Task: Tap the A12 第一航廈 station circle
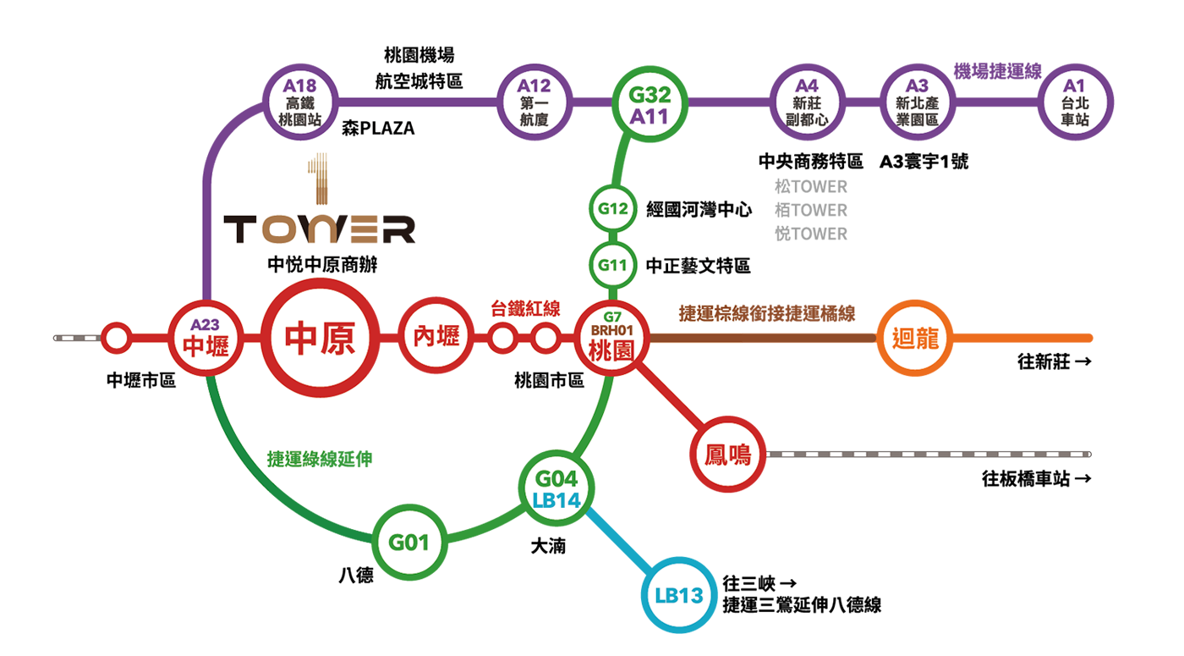[534, 102]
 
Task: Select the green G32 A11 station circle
[650, 104]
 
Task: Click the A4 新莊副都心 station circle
[807, 102]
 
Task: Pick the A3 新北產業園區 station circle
[917, 102]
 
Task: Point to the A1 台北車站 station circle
[1074, 102]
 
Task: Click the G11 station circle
[612, 265]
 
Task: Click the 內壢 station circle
[436, 337]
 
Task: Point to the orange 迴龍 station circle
[916, 339]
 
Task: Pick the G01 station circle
[409, 542]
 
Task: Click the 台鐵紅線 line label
[525, 309]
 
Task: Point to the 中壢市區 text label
[141, 381]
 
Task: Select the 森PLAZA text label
[379, 130]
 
